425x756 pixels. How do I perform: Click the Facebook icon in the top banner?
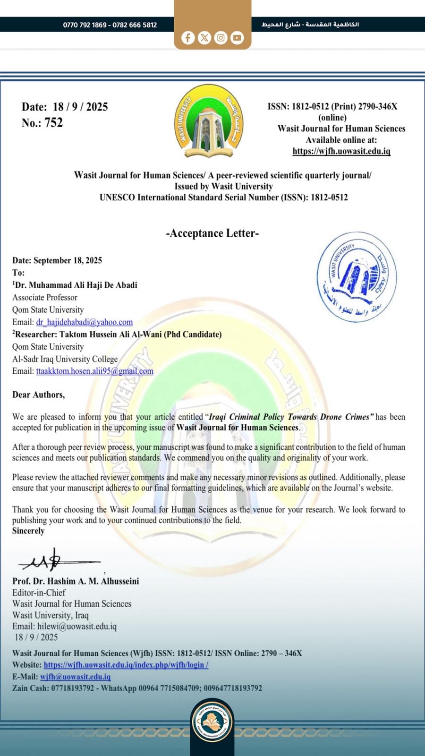click(x=188, y=38)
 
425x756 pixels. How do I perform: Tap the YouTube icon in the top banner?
click(x=237, y=38)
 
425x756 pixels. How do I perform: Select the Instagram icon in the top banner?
click(x=221, y=38)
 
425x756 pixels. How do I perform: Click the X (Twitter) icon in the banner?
click(x=204, y=38)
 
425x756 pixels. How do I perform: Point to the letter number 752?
click(x=53, y=123)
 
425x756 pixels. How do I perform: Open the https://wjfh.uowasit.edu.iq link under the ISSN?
click(x=341, y=151)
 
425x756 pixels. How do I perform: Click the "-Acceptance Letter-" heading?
click(x=212, y=233)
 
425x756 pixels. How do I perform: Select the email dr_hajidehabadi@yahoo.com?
click(x=84, y=322)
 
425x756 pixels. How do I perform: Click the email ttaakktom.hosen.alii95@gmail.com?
click(x=94, y=371)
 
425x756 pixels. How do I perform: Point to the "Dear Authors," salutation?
click(x=38, y=395)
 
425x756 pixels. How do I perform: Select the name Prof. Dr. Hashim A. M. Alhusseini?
click(x=76, y=581)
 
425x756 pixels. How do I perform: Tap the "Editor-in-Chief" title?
click(x=39, y=593)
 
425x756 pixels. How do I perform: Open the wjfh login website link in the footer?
click(x=126, y=665)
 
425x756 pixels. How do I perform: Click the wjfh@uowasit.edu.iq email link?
click(x=75, y=677)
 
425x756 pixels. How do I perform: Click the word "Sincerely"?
click(x=28, y=531)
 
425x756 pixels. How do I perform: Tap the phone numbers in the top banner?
click(x=110, y=25)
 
